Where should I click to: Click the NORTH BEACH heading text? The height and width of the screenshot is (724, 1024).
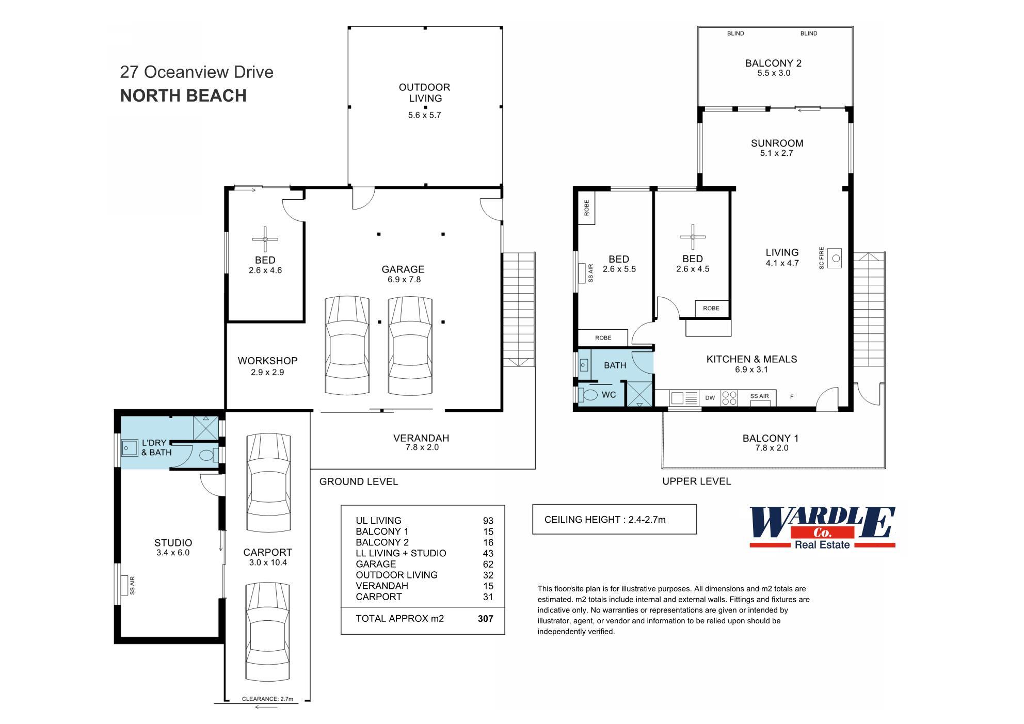pos(183,96)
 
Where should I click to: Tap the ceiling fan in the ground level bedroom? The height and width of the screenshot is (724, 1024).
pos(265,239)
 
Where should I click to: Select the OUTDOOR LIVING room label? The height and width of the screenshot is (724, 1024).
pos(424,93)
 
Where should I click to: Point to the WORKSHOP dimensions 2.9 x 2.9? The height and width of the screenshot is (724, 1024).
pos(267,372)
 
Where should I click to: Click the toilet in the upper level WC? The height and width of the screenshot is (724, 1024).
pos(589,395)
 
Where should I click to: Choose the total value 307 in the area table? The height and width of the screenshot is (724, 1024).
pos(485,618)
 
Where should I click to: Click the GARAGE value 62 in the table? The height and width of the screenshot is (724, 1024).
pos(488,564)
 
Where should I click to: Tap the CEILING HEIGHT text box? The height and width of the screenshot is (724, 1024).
pos(614,519)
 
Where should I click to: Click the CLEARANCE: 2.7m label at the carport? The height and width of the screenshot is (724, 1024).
pos(267,699)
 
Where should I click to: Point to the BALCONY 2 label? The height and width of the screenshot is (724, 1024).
pos(773,63)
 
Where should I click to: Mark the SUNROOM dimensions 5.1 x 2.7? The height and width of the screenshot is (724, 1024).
pos(776,153)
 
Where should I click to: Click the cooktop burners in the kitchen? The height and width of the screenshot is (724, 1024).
pos(729,397)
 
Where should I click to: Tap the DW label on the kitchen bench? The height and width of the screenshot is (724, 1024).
pos(710,398)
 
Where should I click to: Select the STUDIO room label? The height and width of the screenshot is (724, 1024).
pos(173,542)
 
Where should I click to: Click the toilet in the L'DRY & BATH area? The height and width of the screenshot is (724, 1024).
pos(206,455)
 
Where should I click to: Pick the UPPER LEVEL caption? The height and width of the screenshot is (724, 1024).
pos(696,481)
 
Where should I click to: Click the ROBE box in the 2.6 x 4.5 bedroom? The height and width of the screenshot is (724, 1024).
pos(711,308)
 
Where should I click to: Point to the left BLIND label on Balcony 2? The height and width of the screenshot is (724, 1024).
pos(735,34)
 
